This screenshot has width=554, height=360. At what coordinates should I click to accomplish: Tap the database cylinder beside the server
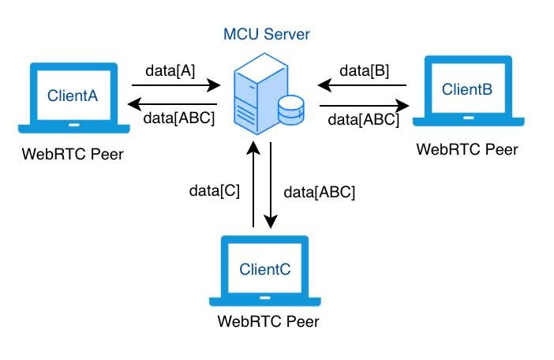[x=291, y=112]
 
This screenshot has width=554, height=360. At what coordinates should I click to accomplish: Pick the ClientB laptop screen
[x=467, y=88]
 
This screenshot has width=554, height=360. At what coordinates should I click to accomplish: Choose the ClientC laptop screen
[x=264, y=269]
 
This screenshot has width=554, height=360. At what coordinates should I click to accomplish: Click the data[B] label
[x=364, y=71]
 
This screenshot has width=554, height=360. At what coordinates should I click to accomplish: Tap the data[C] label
[x=215, y=190]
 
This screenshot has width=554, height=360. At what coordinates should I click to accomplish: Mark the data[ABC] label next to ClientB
[x=363, y=120]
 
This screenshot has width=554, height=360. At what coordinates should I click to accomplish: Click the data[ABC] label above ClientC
[x=320, y=191]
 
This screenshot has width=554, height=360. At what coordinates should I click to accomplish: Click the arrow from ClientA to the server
[x=181, y=84]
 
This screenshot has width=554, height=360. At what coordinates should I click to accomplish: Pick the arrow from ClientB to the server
[x=362, y=85]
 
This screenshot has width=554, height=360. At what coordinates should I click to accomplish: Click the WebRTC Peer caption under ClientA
[x=73, y=152]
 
